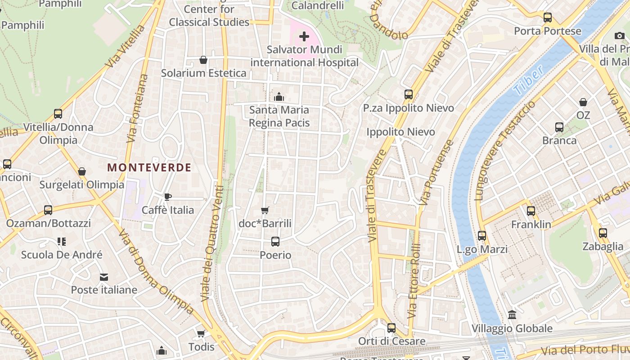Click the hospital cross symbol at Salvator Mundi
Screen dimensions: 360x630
click(x=304, y=36)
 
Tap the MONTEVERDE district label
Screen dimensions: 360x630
click(x=149, y=168)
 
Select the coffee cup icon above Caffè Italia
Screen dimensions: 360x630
click(x=167, y=197)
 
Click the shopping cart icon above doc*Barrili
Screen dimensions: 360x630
click(x=265, y=210)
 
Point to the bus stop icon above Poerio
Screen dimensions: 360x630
click(x=275, y=242)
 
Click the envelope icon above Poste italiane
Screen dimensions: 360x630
click(x=104, y=277)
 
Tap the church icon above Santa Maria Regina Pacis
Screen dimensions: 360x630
click(x=279, y=97)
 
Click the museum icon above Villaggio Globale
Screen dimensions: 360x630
click(x=512, y=315)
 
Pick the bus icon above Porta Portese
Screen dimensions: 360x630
click(x=548, y=18)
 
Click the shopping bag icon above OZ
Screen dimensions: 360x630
click(x=583, y=102)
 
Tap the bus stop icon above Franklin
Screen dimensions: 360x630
click(x=531, y=211)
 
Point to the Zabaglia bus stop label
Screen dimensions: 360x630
click(x=603, y=246)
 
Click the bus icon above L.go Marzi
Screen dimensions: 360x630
click(x=482, y=235)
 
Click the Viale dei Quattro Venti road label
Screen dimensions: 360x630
click(x=212, y=243)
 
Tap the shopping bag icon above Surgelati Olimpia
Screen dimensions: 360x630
click(x=82, y=171)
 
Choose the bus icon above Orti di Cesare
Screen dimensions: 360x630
click(x=391, y=328)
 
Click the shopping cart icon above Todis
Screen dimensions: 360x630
click(x=201, y=333)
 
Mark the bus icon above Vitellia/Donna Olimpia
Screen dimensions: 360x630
click(x=58, y=113)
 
